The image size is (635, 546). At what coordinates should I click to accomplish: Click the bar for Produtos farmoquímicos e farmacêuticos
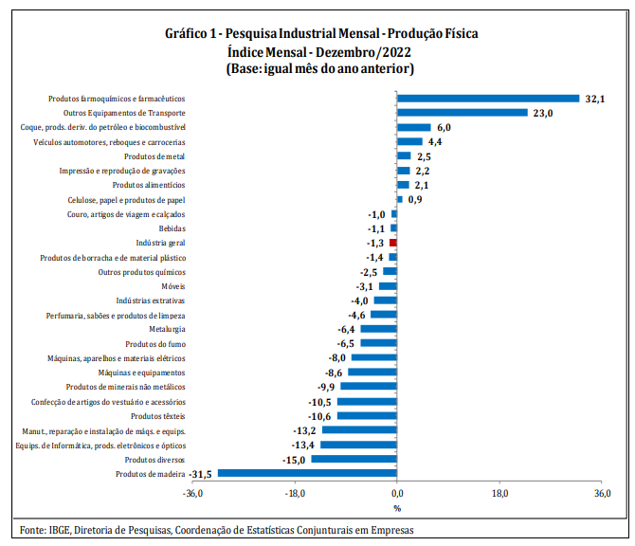pos(488,98)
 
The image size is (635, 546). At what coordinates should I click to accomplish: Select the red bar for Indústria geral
pos(393,243)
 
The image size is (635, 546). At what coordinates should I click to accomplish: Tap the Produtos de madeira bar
pos(307,473)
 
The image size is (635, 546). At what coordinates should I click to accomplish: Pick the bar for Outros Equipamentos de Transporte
pos(462,112)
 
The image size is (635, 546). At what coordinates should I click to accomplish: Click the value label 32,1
pos(595,98)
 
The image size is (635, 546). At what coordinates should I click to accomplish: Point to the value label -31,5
pos(201,473)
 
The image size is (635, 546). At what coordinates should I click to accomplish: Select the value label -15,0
pos(294,459)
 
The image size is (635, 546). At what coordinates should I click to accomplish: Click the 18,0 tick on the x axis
pos(500,494)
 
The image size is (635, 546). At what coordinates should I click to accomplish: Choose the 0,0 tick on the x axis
pos(397,494)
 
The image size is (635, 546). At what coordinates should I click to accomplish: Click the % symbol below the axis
pos(397,508)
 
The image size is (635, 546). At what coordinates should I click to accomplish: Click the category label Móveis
pos(172,285)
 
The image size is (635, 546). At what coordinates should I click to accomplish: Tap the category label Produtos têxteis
pos(157,415)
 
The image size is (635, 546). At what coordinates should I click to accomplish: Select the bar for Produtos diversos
pos(354,459)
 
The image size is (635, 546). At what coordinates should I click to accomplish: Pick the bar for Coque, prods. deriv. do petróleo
pos(413,127)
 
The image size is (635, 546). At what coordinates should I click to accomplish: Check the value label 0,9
pos(414,199)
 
